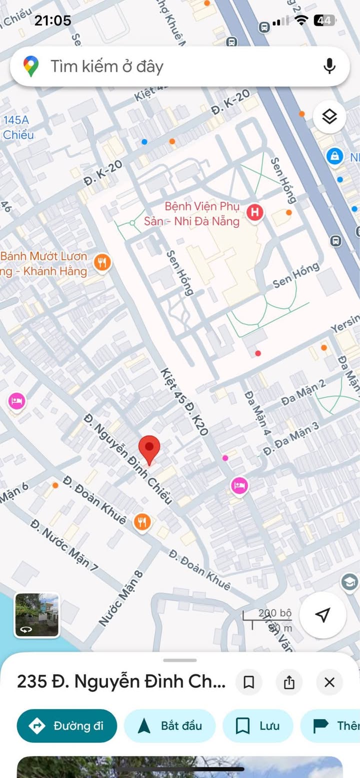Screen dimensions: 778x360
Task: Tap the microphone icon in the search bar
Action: click(x=329, y=66)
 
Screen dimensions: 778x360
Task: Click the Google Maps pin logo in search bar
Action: click(x=31, y=66)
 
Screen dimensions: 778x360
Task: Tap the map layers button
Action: click(x=329, y=117)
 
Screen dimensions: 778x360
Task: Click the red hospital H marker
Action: click(x=255, y=212)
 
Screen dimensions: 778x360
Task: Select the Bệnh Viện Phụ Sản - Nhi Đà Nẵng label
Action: click(x=202, y=213)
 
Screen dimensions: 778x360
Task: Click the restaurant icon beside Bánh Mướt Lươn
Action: click(x=102, y=262)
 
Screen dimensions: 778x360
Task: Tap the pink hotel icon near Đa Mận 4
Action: click(x=239, y=485)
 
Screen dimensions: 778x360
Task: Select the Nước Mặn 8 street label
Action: click(x=121, y=598)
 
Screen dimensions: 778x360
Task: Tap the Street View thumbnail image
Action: click(x=37, y=615)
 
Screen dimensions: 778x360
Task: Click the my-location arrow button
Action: click(x=323, y=615)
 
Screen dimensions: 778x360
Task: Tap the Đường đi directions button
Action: click(x=67, y=726)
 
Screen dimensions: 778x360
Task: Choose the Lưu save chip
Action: click(x=257, y=726)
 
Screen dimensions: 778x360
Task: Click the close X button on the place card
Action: click(x=329, y=683)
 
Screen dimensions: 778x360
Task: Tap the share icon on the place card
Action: click(x=289, y=683)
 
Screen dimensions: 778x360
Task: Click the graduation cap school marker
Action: click(x=349, y=582)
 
